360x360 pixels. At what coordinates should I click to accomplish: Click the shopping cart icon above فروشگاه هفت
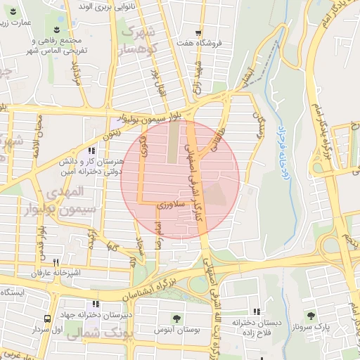click(x=199, y=32)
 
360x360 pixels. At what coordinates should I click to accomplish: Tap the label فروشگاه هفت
click(x=201, y=43)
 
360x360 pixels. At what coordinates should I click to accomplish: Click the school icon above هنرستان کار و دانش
click(x=91, y=151)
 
